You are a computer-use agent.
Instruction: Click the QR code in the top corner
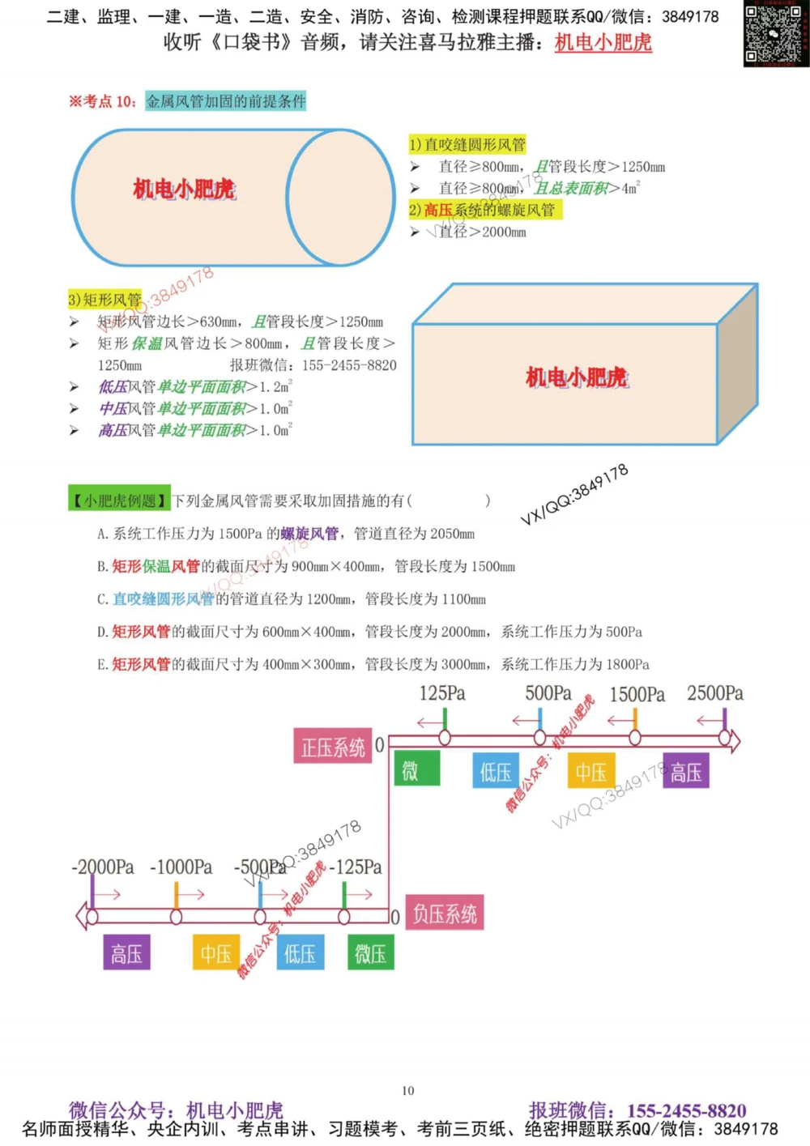point(775,34)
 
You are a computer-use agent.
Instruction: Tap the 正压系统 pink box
point(332,747)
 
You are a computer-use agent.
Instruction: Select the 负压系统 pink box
point(444,914)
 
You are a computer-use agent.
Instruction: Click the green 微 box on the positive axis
point(416,769)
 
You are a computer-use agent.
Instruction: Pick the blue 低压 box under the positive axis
point(495,772)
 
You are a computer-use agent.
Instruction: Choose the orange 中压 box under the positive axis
point(590,772)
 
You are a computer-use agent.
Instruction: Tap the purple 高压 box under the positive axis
point(685,772)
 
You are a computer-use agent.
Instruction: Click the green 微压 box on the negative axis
point(370,953)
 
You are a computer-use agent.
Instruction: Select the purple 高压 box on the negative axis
point(126,953)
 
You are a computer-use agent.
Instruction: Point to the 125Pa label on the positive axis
point(442,693)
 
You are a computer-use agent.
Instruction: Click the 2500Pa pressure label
point(714,693)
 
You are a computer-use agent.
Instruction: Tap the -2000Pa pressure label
point(103,867)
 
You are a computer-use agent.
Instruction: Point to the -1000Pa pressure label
point(181,867)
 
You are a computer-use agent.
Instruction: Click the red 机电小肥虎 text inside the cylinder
point(185,190)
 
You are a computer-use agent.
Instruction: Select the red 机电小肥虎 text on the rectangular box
point(576,377)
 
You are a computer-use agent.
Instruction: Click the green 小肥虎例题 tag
point(119,501)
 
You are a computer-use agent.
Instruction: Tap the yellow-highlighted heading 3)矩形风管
point(104,300)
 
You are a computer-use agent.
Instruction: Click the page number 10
point(408,1091)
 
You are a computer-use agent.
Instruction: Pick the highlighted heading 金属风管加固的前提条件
point(225,101)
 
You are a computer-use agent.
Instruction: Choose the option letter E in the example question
point(101,665)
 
